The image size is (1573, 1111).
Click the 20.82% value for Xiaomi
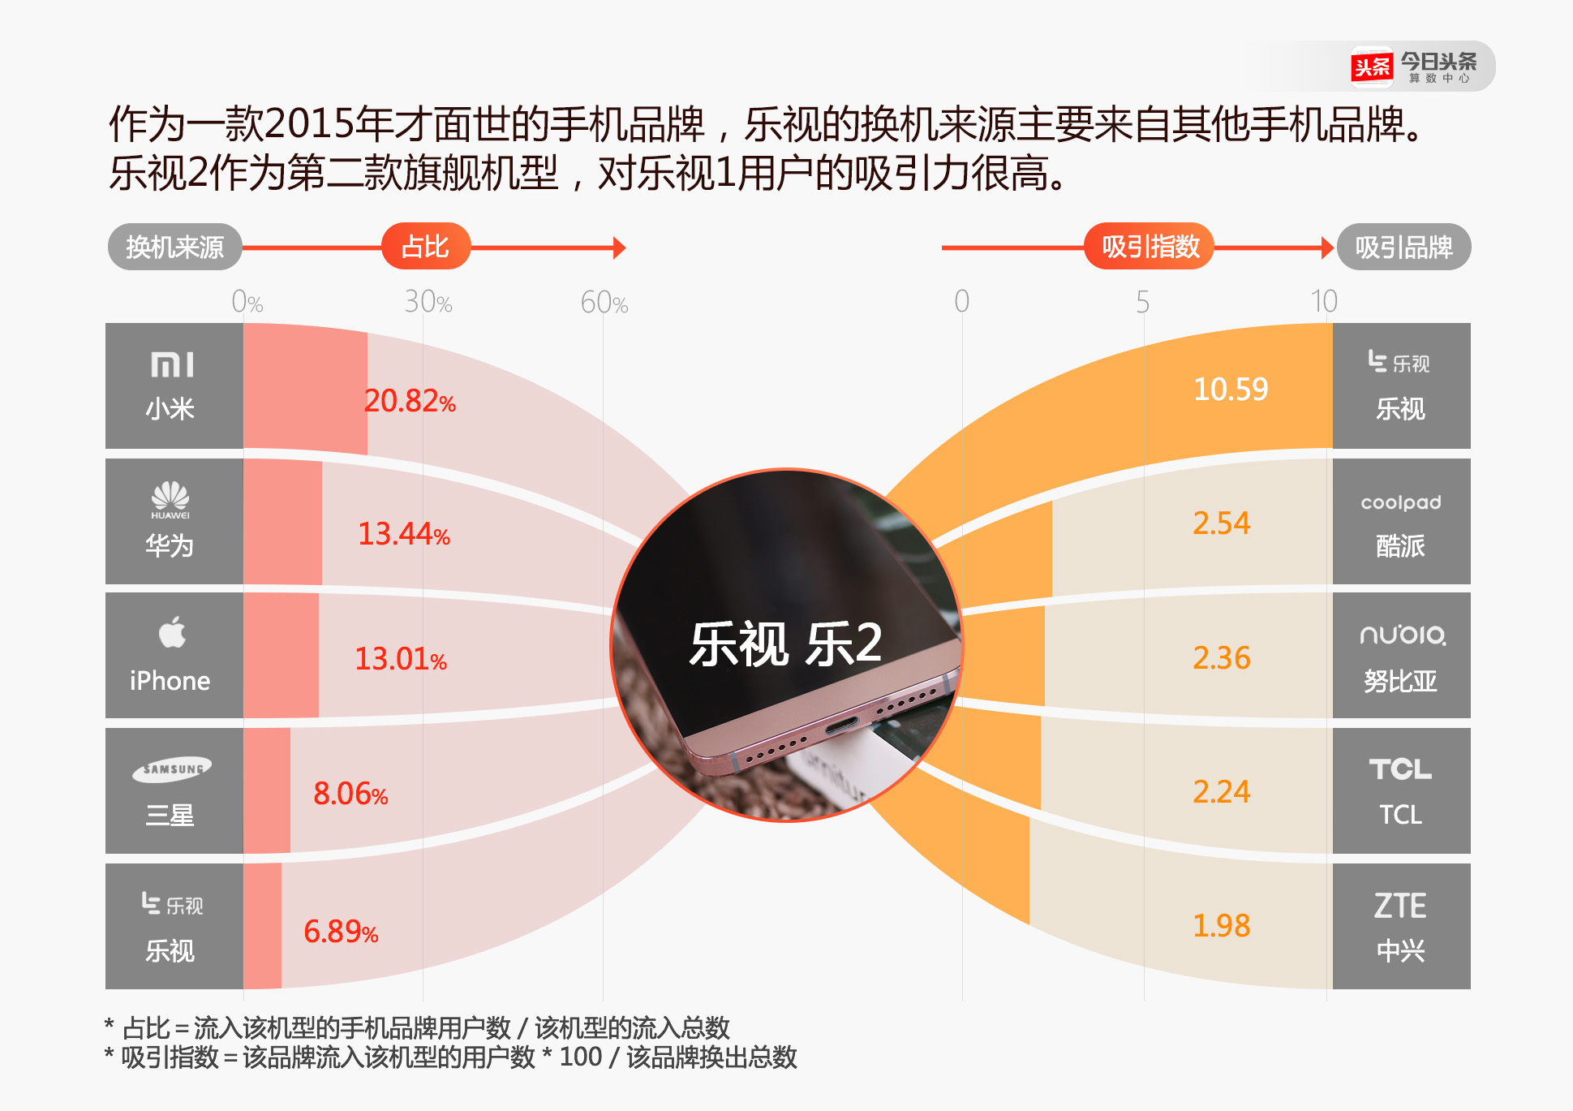tap(409, 401)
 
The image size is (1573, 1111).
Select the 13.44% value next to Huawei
tap(403, 534)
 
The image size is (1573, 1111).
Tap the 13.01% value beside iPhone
tap(400, 659)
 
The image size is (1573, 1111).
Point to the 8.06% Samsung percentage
tap(350, 794)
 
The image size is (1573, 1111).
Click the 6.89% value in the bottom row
tap(340, 932)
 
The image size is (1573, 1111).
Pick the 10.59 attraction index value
tap(1230, 390)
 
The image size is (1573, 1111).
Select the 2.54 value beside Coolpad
tap(1221, 523)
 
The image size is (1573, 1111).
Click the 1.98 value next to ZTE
tap(1221, 925)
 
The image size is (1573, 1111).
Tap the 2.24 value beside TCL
tap(1221, 791)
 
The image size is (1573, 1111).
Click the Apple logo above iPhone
tap(172, 632)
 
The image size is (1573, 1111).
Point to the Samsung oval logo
tap(172, 769)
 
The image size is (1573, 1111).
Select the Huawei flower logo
tap(170, 497)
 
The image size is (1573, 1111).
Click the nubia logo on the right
tap(1402, 635)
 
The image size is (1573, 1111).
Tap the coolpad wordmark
tap(1401, 503)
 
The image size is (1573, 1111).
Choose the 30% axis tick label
tap(428, 303)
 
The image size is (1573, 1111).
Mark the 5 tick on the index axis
tap(1142, 303)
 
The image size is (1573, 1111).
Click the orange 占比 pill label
tap(425, 247)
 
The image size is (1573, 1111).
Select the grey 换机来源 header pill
tap(174, 247)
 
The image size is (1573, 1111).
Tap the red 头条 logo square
tap(1372, 67)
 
